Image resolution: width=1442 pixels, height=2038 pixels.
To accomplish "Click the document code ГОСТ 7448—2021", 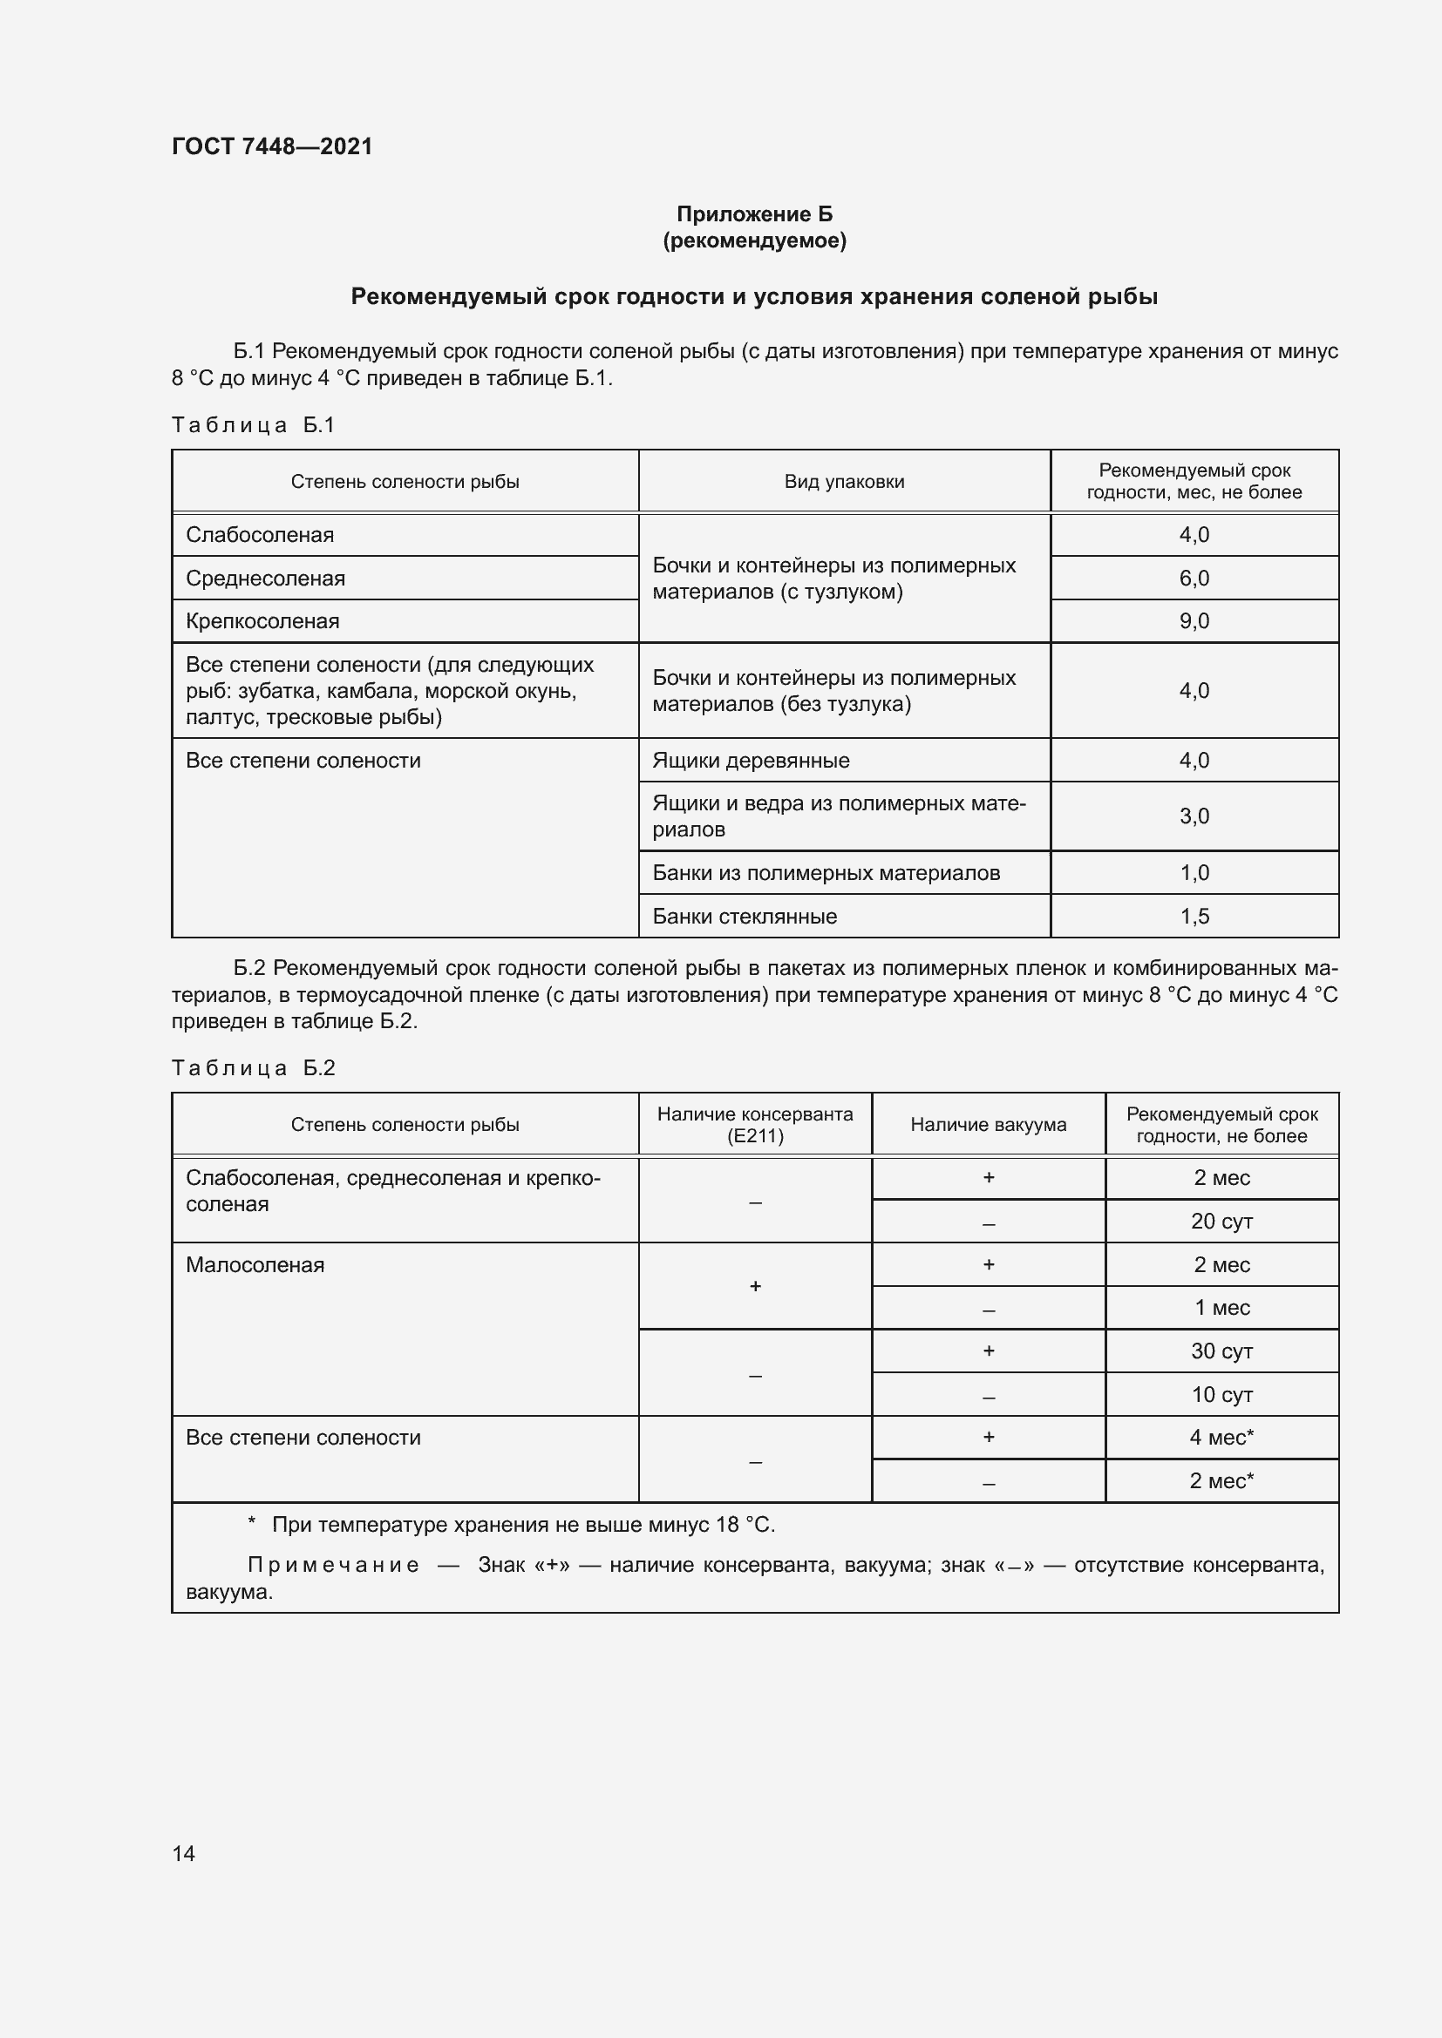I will point(272,146).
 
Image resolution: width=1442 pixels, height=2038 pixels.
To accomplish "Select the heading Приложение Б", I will point(754,214).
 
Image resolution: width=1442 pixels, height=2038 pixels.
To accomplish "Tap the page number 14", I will point(183,1853).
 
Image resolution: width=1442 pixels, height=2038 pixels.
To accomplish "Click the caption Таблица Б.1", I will point(252,425).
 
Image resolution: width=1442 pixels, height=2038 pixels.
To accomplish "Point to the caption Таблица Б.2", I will point(252,1068).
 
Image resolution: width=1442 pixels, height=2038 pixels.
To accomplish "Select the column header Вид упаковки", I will point(844,482).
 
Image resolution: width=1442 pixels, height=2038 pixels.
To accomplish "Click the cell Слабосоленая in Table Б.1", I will point(259,535).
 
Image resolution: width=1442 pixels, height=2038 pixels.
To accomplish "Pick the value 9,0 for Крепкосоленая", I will point(1194,621).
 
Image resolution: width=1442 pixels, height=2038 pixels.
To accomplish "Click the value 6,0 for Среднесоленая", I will point(1194,579).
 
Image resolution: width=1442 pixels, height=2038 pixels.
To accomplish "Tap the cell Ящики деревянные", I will point(751,761).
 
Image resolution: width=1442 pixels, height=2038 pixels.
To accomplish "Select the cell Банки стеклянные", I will point(744,916).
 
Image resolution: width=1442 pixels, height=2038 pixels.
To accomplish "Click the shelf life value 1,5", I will point(1194,916).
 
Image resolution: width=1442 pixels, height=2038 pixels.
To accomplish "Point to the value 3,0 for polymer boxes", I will point(1194,816).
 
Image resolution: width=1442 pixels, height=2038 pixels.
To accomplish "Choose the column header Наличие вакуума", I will point(988,1125).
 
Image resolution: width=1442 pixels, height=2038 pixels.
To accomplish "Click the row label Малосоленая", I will point(255,1265).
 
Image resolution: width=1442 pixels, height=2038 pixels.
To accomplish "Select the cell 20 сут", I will point(1221,1222).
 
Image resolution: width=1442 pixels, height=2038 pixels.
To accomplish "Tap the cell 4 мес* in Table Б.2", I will point(1221,1437).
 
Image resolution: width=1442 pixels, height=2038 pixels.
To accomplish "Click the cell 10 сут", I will point(1221,1394).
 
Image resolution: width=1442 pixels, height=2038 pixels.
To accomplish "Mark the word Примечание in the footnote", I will point(332,1565).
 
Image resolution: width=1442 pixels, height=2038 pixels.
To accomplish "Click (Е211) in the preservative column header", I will point(755,1136).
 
